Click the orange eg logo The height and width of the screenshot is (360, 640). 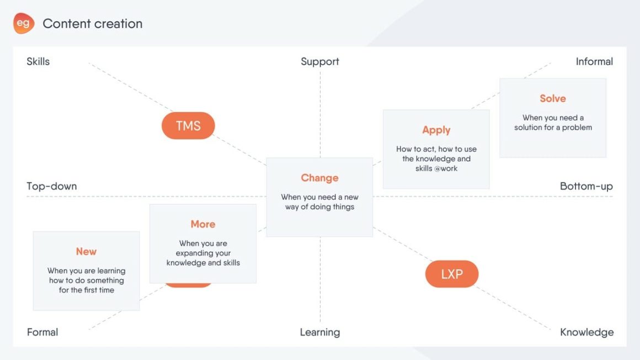click(x=24, y=24)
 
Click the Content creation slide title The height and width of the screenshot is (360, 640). click(x=93, y=24)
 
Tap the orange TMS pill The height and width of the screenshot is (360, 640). click(x=188, y=126)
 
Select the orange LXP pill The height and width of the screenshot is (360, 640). click(x=451, y=274)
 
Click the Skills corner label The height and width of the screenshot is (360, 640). click(x=38, y=62)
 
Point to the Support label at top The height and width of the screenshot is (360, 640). click(x=319, y=62)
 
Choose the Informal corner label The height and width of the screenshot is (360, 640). click(x=594, y=62)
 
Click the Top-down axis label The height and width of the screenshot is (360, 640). click(x=51, y=186)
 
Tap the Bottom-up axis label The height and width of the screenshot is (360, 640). click(x=586, y=186)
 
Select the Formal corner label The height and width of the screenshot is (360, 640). click(x=42, y=332)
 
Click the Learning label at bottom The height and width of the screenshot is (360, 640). click(x=319, y=332)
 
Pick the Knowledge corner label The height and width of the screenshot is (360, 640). click(x=586, y=332)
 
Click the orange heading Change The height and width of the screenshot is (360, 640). click(x=319, y=178)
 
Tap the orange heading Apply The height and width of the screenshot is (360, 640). click(x=436, y=130)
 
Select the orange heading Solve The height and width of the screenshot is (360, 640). click(x=553, y=99)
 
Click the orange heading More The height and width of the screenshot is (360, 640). click(x=202, y=224)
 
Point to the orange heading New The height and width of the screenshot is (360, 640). click(x=86, y=251)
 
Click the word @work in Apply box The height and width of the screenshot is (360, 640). click(x=445, y=169)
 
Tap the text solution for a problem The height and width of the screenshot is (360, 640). click(x=553, y=127)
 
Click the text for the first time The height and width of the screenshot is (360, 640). click(x=86, y=290)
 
